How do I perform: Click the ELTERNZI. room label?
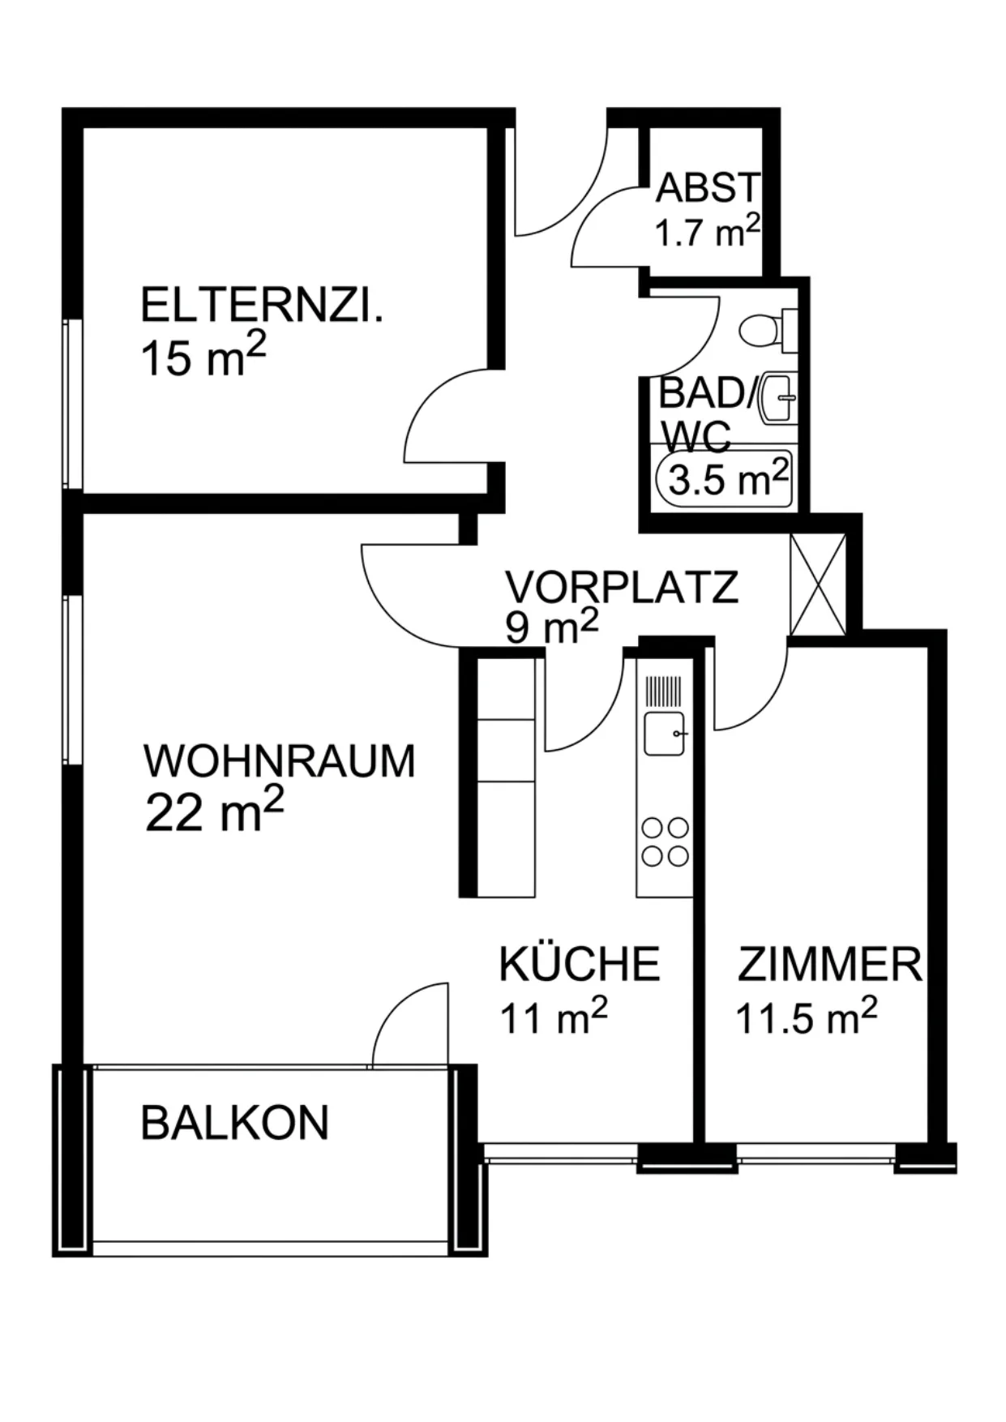pyautogui.click(x=261, y=306)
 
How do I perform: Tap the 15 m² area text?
pyautogui.click(x=203, y=358)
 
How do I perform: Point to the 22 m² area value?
pyautogui.click(x=215, y=812)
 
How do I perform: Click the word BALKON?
pyautogui.click(x=235, y=1123)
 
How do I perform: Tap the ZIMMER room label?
pyautogui.click(x=830, y=965)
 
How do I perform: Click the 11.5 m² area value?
pyautogui.click(x=807, y=1017)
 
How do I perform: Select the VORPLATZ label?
pyautogui.click(x=622, y=586)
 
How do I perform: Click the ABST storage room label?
pyautogui.click(x=708, y=188)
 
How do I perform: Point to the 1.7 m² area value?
pyautogui.click(x=708, y=232)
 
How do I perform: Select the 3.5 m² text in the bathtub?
pyautogui.click(x=728, y=478)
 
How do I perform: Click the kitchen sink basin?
pyautogui.click(x=665, y=734)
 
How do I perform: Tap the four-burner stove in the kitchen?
pyautogui.click(x=666, y=842)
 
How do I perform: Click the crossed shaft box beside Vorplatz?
pyautogui.click(x=817, y=585)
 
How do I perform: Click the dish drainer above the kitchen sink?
pyautogui.click(x=665, y=691)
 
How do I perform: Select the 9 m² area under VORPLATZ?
pyautogui.click(x=552, y=627)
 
